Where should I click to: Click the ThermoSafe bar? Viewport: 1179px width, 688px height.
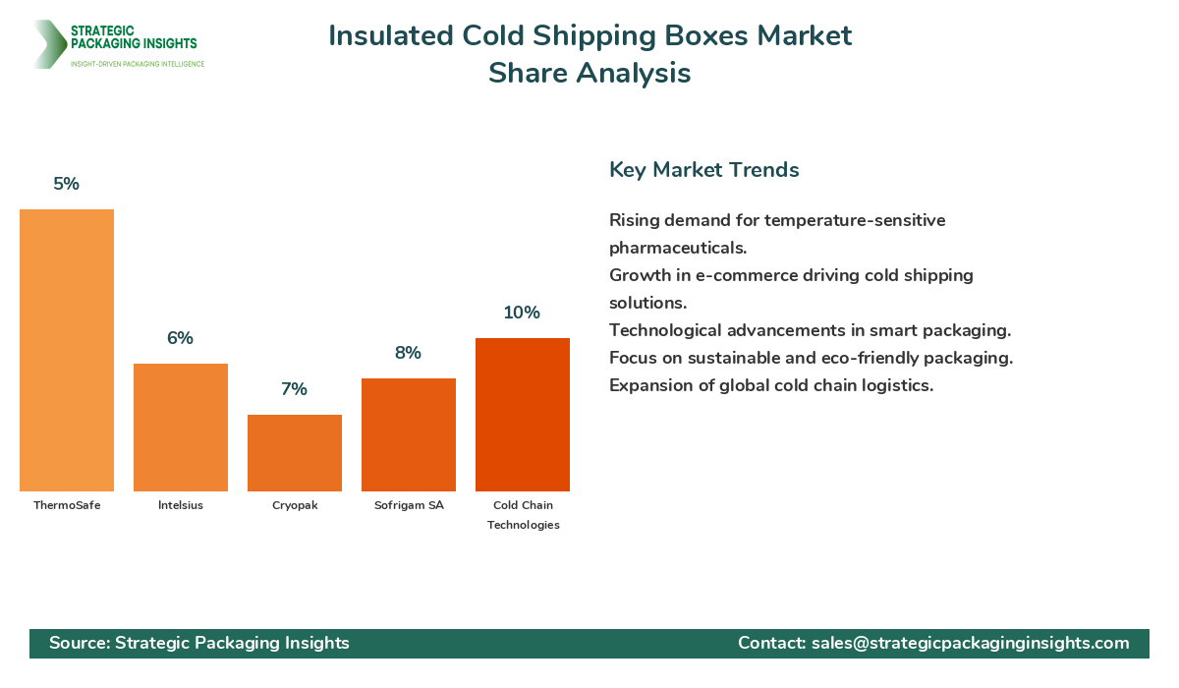tap(67, 350)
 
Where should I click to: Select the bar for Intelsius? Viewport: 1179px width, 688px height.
tap(181, 428)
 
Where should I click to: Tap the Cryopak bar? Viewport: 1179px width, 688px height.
tap(295, 453)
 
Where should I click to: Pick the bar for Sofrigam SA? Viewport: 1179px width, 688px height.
tap(409, 434)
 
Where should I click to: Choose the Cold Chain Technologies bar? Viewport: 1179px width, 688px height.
tap(523, 415)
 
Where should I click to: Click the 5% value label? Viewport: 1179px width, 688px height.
tap(67, 184)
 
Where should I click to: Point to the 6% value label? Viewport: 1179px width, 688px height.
tap(181, 338)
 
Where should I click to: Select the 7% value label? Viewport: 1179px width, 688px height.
tap(295, 389)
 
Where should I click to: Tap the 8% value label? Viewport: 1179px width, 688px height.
tap(409, 353)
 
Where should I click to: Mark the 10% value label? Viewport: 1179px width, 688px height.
tap(523, 313)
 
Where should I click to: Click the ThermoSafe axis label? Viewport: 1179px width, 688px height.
tap(67, 505)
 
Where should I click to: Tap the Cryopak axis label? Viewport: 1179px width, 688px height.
tap(295, 505)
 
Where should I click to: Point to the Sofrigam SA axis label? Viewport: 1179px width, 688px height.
tap(409, 505)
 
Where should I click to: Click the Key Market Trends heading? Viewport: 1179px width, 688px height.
tap(703, 169)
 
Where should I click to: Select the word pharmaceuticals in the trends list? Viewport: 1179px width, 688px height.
tap(677, 248)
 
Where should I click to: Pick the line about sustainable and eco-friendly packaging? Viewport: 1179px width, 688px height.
tap(811, 358)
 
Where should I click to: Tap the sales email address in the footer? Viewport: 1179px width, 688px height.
tap(970, 643)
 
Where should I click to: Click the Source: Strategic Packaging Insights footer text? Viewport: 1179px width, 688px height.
tap(199, 643)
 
